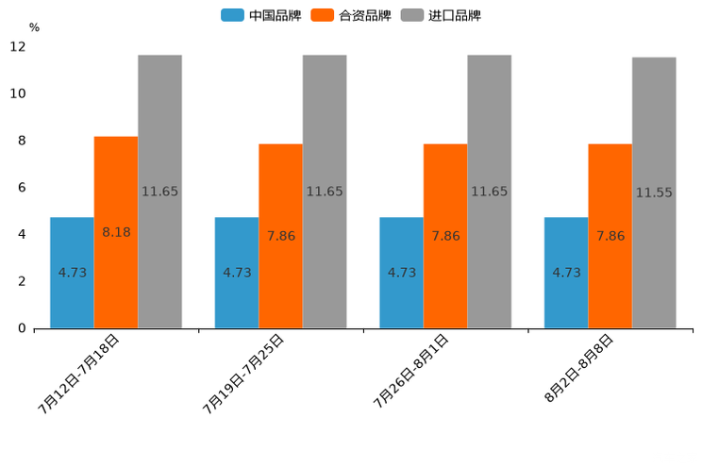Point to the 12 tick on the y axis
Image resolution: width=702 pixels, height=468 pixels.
tap(18, 46)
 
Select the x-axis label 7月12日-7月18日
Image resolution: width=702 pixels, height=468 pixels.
tap(79, 374)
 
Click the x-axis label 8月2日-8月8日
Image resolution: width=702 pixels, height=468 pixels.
tap(579, 369)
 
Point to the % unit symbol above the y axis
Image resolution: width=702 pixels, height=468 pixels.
tap(34, 27)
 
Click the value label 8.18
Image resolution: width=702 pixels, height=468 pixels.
tap(116, 232)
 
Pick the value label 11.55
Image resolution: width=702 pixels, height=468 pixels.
tap(654, 192)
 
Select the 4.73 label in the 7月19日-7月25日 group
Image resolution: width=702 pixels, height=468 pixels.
tap(237, 273)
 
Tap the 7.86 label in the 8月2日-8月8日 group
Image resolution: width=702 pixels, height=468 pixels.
tap(610, 236)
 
